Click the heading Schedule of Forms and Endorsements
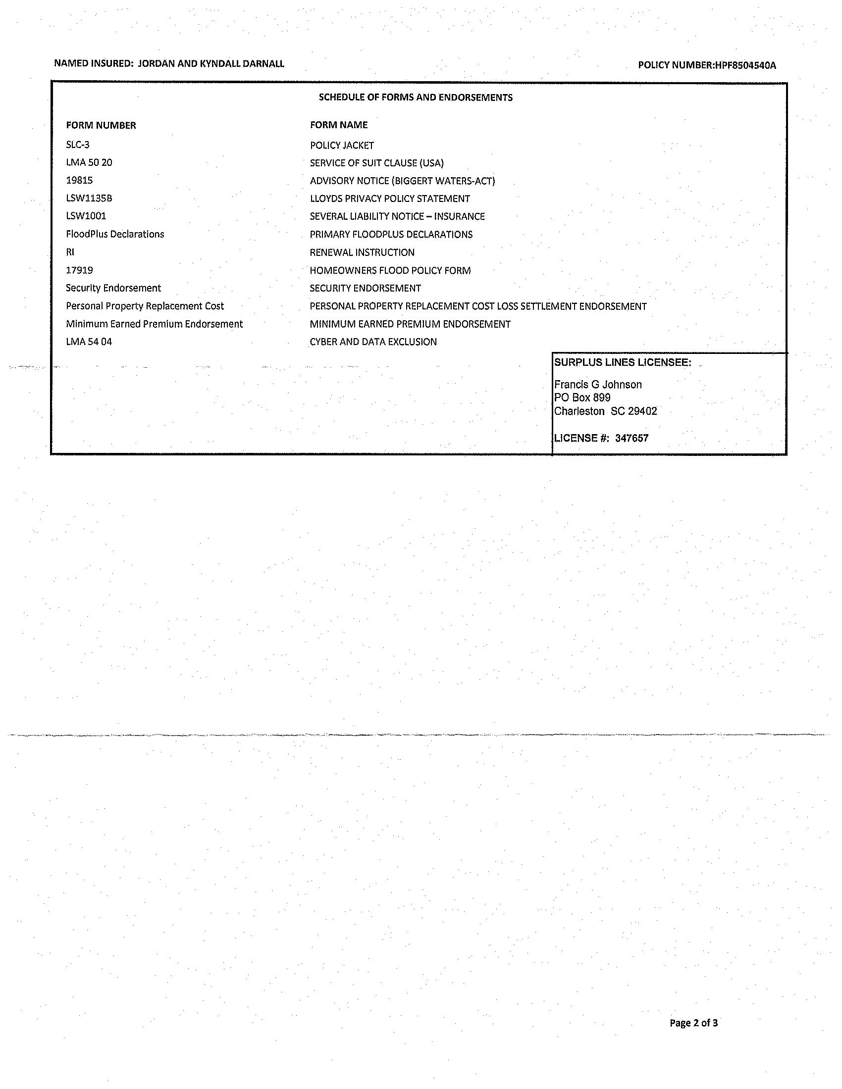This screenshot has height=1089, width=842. tap(416, 98)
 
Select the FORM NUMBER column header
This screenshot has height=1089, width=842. tap(101, 126)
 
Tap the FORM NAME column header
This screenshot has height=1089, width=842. tap(339, 125)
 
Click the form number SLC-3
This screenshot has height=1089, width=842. tap(78, 145)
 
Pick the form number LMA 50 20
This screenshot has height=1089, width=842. tap(89, 162)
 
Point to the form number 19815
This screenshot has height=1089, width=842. tap(79, 181)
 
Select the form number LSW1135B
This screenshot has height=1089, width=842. tap(89, 198)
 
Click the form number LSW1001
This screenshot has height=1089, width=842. tap(86, 216)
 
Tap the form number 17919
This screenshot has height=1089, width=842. tap(79, 270)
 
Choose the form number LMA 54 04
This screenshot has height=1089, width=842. tap(89, 342)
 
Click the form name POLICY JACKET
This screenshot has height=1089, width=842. tap(342, 146)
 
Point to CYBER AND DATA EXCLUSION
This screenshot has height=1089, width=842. tap(373, 342)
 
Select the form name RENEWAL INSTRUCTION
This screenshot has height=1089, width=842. tap(362, 253)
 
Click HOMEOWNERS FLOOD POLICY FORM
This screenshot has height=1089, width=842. tap(390, 271)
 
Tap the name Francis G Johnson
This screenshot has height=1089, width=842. tap(598, 385)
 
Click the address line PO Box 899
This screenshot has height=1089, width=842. tap(582, 398)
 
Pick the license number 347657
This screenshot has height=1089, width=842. tap(631, 438)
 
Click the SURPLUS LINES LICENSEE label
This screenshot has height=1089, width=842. tap(623, 363)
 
